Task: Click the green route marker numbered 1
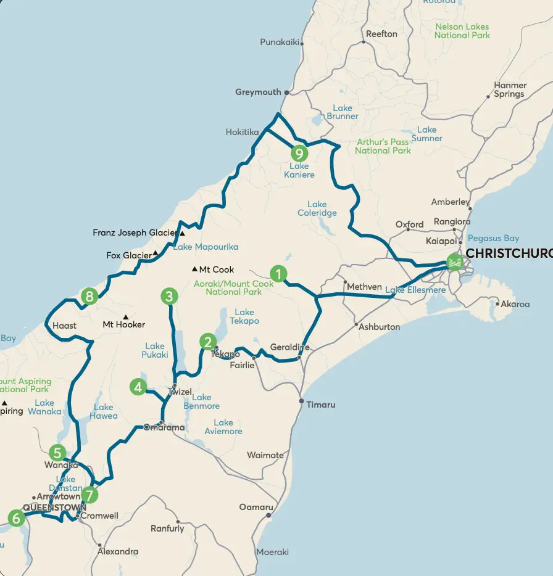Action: point(279,273)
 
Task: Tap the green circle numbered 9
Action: point(299,152)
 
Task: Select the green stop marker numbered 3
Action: point(169,297)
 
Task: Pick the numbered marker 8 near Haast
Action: point(90,297)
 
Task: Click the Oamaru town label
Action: point(256,508)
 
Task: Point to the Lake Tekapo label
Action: point(244,317)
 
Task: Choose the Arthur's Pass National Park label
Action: point(383,146)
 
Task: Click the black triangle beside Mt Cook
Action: point(194,269)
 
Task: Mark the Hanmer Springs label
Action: point(510,90)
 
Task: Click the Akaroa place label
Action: point(515,304)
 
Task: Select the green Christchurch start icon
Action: point(455,262)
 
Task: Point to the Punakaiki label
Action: point(280,42)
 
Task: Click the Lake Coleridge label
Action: point(317,208)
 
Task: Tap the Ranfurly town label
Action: point(167,529)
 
